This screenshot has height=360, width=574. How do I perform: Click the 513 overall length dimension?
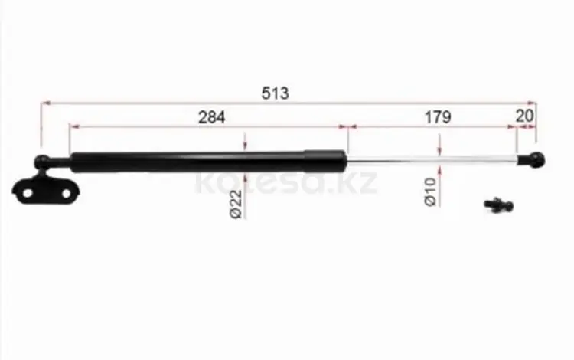point(275,93)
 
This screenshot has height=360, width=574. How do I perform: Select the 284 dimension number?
point(211,117)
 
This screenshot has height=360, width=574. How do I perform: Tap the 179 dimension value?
point(438,117)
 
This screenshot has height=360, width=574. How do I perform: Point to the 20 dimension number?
point(524,116)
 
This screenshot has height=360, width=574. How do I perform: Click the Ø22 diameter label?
point(236,204)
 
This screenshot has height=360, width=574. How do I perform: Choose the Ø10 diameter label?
point(430,191)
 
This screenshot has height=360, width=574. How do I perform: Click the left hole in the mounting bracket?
point(28,192)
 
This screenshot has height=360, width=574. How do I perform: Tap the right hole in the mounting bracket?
point(67,193)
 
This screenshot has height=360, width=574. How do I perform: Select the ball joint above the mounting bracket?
point(42,162)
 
